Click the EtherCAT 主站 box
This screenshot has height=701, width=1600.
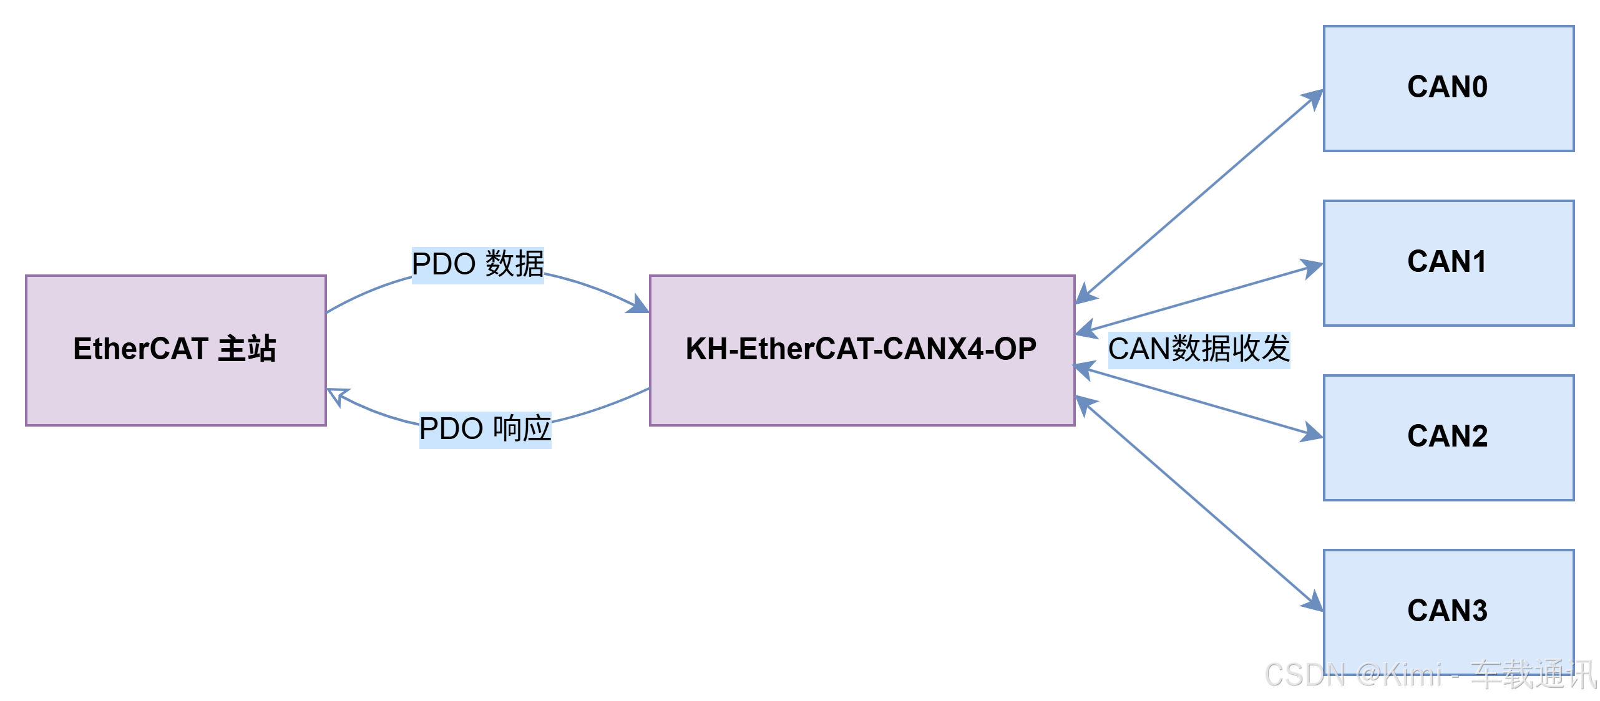pyautogui.click(x=175, y=350)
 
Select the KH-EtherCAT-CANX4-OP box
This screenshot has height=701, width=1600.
pyautogui.click(x=862, y=350)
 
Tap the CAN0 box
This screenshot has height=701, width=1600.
pyautogui.click(x=1448, y=88)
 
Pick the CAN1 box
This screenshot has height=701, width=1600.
pyautogui.click(x=1448, y=263)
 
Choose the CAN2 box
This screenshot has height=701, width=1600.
pyautogui.click(x=1448, y=437)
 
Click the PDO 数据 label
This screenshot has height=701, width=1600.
pyautogui.click(x=477, y=264)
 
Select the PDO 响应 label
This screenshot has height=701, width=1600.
pyautogui.click(x=485, y=429)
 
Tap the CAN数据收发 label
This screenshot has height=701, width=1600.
pyautogui.click(x=1199, y=349)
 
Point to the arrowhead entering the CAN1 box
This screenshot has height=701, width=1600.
pyautogui.click(x=1312, y=269)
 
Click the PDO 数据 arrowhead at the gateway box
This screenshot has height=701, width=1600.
pyautogui.click(x=639, y=306)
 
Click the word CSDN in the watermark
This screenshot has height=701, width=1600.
pyautogui.click(x=1304, y=674)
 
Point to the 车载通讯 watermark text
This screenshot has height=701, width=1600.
pyautogui.click(x=1532, y=674)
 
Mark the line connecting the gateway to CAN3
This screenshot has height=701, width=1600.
pyautogui.click(x=1198, y=502)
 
